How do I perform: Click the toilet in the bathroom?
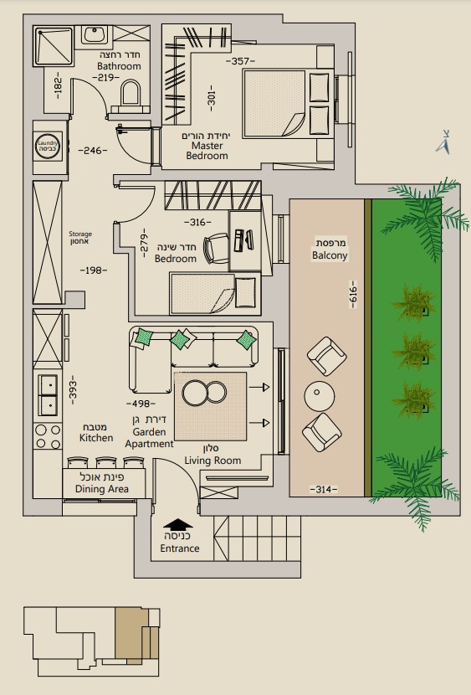131,96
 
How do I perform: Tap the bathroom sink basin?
94,34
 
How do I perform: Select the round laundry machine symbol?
48,147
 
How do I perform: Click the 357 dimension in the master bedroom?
240,61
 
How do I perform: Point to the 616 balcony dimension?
353,294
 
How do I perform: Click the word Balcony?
330,255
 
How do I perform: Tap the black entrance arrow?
178,524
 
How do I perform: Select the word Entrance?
180,548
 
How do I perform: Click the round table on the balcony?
320,396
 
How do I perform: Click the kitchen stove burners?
48,436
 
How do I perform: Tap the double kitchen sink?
48,395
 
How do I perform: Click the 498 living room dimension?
141,404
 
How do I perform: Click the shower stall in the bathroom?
54,46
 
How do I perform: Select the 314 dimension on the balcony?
323,489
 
